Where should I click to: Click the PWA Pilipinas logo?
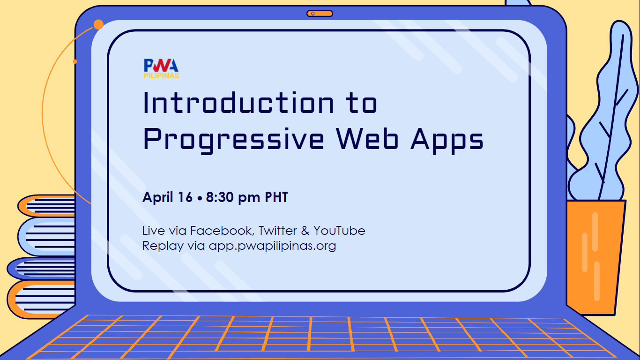tap(161, 68)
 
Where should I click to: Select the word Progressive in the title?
tap(233, 140)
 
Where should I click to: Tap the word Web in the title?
tap(367, 138)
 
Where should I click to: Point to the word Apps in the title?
tap(447, 140)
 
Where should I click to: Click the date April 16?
tap(167, 197)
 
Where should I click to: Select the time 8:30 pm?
tap(233, 197)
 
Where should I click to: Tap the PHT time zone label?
tap(276, 197)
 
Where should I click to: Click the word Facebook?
tap(222, 231)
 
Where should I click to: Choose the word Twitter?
tap(278, 230)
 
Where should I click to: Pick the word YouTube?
tap(339, 231)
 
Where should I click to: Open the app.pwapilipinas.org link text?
tap(272, 246)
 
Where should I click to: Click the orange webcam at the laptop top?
tap(320, 14)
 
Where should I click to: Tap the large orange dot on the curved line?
tap(98, 24)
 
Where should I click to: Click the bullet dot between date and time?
tap(200, 198)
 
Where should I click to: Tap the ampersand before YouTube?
tap(305, 231)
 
